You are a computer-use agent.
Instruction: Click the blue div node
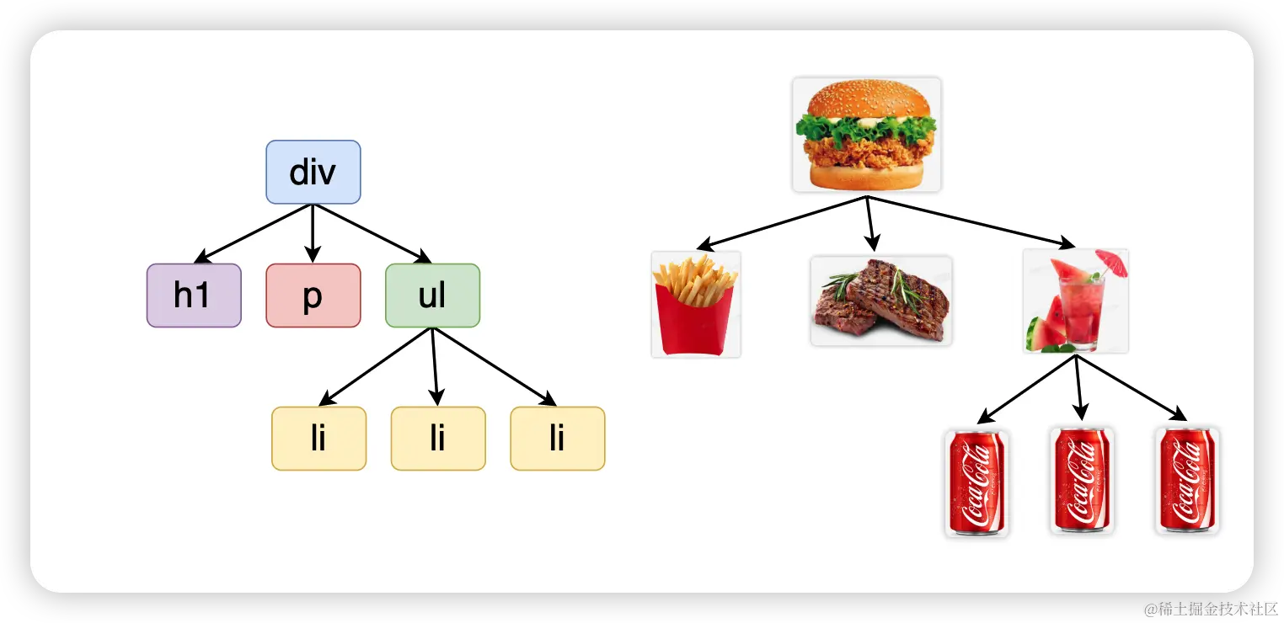(x=313, y=172)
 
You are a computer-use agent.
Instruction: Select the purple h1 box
(x=194, y=296)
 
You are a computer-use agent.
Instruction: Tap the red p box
(x=313, y=296)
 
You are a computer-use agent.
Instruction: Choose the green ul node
(x=432, y=296)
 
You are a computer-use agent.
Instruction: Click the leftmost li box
(x=318, y=439)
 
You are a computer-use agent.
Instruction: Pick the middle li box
(x=438, y=439)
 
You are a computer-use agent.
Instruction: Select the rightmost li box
(x=557, y=439)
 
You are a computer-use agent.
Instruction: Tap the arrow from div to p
(x=313, y=232)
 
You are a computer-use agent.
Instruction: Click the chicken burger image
(x=866, y=135)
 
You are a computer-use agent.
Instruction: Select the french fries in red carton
(x=695, y=305)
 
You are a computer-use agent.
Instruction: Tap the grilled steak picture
(x=880, y=301)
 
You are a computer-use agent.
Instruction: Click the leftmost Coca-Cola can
(x=976, y=482)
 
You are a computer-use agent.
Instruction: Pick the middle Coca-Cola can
(x=1082, y=481)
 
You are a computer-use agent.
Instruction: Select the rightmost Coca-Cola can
(x=1187, y=481)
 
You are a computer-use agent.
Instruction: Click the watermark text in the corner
(x=1209, y=607)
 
